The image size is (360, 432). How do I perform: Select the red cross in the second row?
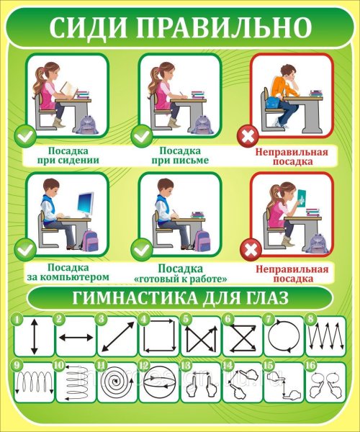[251, 251]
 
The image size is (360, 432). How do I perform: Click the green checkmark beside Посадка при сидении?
[25, 134]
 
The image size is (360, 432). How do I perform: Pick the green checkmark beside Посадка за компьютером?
[25, 251]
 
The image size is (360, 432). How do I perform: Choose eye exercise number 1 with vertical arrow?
[33, 337]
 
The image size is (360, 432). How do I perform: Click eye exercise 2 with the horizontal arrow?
[75, 337]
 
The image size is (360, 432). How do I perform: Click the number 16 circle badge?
[309, 365]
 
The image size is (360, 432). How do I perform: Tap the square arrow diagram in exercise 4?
[158, 337]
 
